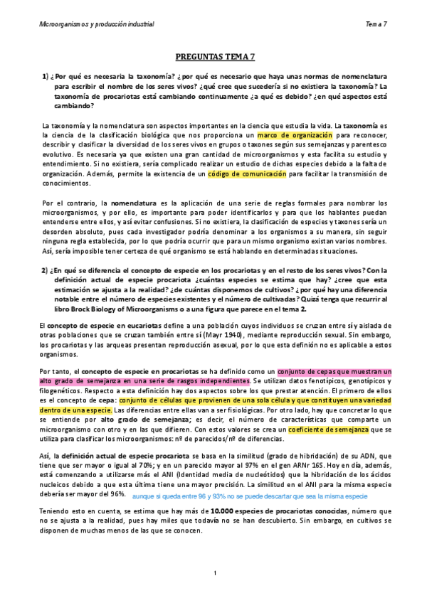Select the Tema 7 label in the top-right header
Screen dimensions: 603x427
tap(376, 24)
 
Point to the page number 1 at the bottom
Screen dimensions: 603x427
tap(214, 573)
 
